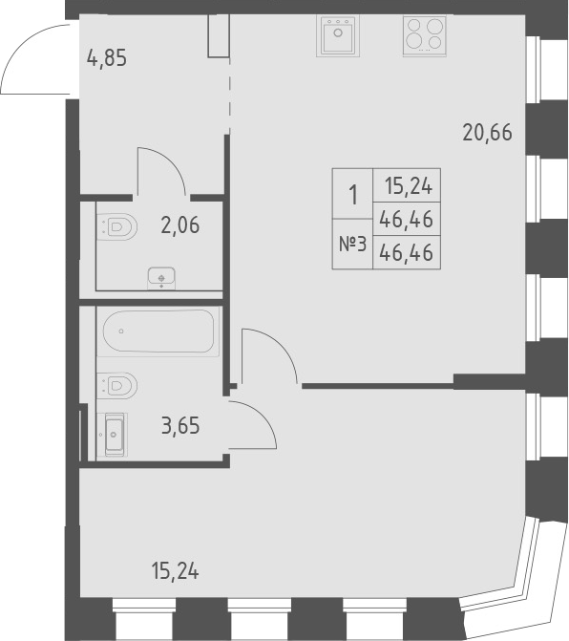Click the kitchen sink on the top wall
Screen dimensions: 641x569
(337, 37)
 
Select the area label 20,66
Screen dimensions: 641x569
(487, 134)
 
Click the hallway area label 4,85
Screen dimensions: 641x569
(107, 57)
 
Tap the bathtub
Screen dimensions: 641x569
(159, 331)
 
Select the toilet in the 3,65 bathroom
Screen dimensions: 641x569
(116, 385)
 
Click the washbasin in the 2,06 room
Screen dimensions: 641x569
(161, 278)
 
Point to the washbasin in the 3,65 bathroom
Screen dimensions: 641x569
(114, 433)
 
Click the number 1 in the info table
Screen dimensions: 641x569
(353, 196)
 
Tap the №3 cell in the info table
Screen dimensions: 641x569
(353, 246)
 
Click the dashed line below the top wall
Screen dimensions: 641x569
(230, 96)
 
